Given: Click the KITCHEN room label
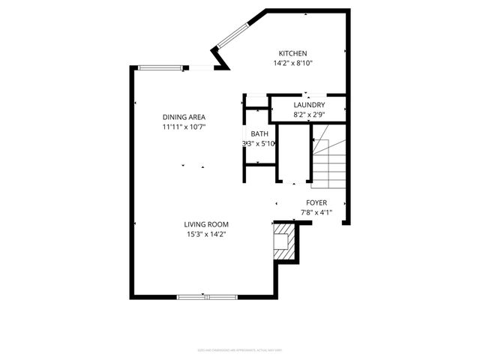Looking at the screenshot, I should (x=292, y=53).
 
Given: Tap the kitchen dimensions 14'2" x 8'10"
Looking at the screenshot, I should (x=292, y=64).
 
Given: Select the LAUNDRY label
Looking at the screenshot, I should (x=309, y=105).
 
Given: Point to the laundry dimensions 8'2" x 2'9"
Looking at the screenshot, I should (x=309, y=115).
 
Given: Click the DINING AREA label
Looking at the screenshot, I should (x=184, y=117).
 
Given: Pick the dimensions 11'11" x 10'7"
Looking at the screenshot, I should (x=184, y=127).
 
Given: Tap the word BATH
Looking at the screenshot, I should (x=259, y=133).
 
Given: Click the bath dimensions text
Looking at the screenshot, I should (x=259, y=143).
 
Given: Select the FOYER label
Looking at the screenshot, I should (x=316, y=202).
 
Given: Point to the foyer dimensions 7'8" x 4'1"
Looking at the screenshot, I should (x=316, y=212).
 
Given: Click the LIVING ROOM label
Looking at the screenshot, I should (x=206, y=224).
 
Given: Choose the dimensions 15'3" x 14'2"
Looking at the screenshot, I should (x=206, y=235).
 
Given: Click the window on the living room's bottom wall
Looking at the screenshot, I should (x=206, y=296).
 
